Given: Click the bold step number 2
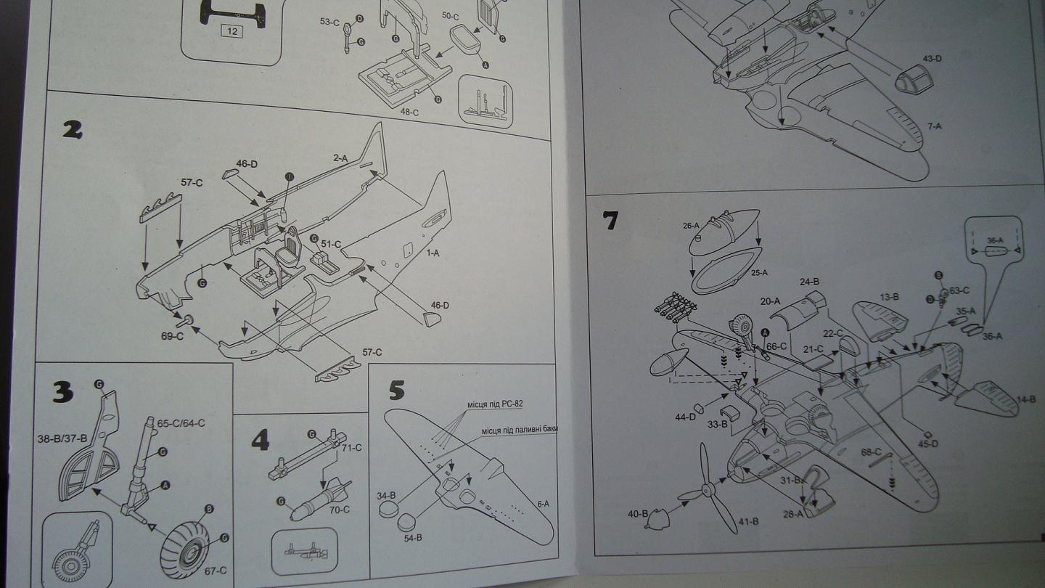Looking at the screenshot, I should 72,129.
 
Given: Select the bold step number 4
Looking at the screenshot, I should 259,439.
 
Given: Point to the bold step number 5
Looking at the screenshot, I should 396,390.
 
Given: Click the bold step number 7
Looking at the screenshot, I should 610,220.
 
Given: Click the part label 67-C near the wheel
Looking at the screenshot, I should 215,570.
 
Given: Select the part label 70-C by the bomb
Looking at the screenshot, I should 338,510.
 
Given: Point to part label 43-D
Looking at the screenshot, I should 932,58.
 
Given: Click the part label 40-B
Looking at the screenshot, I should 639,514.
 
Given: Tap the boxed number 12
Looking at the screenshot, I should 231,31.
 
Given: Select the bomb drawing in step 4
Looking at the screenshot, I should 319,501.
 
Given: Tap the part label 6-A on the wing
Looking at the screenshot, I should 542,503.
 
